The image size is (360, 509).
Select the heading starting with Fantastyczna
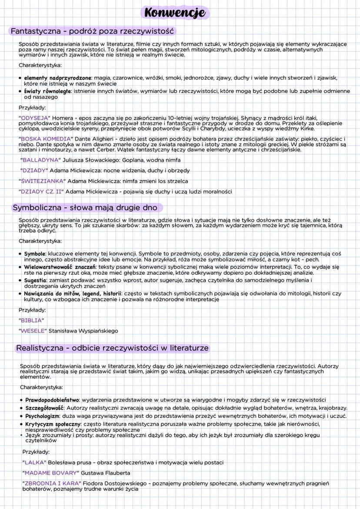pos(92,31)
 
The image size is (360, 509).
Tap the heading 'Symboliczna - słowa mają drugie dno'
pos(85,207)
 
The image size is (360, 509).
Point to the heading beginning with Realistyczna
pos(112,348)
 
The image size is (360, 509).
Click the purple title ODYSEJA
pos(35,118)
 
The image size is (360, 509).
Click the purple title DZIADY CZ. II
pos(42,191)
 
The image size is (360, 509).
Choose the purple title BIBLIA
pos(31,320)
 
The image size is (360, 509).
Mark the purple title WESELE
pos(33,331)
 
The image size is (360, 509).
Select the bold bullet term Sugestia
pos(36,281)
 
